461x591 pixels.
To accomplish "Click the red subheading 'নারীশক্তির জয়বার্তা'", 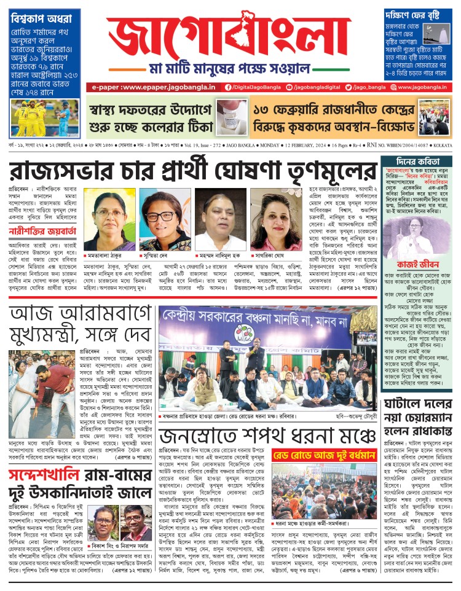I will tap(41, 232).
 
